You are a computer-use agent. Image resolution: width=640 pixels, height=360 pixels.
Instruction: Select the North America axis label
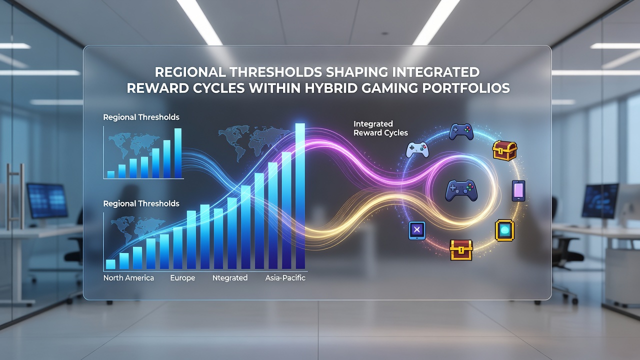click(x=128, y=277)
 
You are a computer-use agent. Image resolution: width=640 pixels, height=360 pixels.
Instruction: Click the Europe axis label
click(x=182, y=277)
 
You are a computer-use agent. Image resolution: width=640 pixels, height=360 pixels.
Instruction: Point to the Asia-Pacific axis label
click(x=285, y=277)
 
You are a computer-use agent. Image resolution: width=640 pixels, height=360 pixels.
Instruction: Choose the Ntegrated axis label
click(x=230, y=277)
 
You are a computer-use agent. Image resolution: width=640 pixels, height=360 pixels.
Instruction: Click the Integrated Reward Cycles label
click(x=380, y=128)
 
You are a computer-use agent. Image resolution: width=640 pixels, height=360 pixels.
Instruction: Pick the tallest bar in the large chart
click(x=300, y=196)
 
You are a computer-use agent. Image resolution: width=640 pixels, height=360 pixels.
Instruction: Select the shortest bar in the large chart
click(x=110, y=264)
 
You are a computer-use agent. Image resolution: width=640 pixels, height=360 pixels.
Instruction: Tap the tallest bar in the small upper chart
click(x=177, y=153)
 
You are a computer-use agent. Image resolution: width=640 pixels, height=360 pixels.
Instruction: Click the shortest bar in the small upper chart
click(x=111, y=174)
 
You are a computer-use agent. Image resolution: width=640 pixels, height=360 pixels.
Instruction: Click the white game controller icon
click(x=417, y=149)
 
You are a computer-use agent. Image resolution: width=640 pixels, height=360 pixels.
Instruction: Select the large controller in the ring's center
click(x=461, y=190)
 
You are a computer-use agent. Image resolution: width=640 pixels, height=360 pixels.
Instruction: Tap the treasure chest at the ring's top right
click(x=504, y=150)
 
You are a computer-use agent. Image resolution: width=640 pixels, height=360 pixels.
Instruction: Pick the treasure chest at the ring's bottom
click(x=461, y=250)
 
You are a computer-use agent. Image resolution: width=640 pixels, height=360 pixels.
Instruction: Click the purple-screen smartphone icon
click(x=518, y=190)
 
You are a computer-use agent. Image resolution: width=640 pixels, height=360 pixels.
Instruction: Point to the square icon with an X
click(x=417, y=230)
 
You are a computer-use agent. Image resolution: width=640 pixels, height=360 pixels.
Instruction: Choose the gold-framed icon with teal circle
click(x=504, y=230)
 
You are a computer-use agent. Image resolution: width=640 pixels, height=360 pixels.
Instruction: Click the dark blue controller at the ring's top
click(x=461, y=131)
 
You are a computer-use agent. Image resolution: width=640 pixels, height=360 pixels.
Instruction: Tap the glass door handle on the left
click(x=15, y=196)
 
